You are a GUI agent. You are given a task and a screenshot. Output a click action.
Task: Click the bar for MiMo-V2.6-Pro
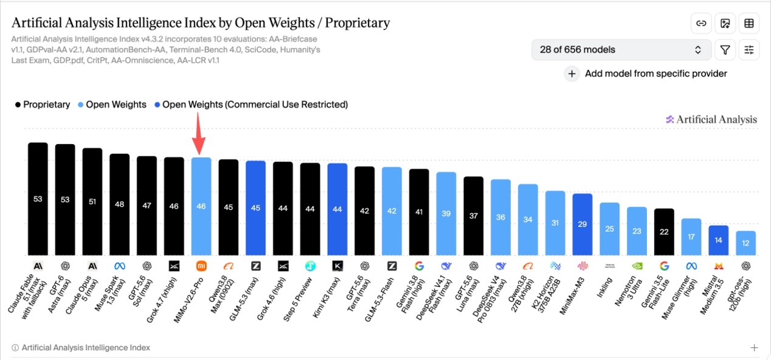pyautogui.click(x=201, y=206)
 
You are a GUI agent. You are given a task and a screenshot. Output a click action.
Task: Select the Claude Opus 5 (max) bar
pyautogui.click(x=92, y=202)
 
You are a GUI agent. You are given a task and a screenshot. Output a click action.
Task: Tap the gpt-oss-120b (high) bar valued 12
pyautogui.click(x=745, y=243)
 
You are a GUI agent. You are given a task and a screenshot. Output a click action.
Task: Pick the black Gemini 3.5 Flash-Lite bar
pyautogui.click(x=664, y=232)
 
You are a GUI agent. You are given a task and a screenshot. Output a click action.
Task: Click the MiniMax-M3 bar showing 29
pyautogui.click(x=583, y=224)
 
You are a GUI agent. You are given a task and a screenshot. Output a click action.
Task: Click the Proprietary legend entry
pyautogui.click(x=43, y=105)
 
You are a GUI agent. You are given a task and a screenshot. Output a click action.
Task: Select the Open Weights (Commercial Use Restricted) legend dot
pyautogui.click(x=157, y=105)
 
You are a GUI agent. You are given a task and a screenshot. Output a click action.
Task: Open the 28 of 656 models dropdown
pyautogui.click(x=621, y=49)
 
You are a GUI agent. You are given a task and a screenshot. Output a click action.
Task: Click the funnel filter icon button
pyautogui.click(x=725, y=50)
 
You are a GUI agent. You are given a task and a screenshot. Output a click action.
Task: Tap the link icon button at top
pyautogui.click(x=701, y=23)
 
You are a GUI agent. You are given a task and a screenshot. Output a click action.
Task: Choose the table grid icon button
pyautogui.click(x=749, y=23)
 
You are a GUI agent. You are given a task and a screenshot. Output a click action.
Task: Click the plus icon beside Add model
pyautogui.click(x=572, y=74)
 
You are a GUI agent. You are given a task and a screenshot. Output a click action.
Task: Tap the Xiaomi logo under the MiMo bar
pyautogui.click(x=201, y=266)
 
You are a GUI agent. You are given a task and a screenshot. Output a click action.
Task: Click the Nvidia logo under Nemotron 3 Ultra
pyautogui.click(x=637, y=266)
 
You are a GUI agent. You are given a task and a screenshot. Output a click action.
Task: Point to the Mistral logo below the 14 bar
pyautogui.click(x=719, y=266)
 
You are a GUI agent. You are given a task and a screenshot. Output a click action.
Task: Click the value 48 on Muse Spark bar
pyautogui.click(x=119, y=204)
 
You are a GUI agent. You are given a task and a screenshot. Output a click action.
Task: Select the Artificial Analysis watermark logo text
pyautogui.click(x=711, y=119)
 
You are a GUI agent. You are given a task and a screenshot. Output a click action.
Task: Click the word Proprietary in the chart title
pyautogui.click(x=358, y=22)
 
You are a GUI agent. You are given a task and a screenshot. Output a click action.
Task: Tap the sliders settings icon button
pyautogui.click(x=749, y=50)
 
